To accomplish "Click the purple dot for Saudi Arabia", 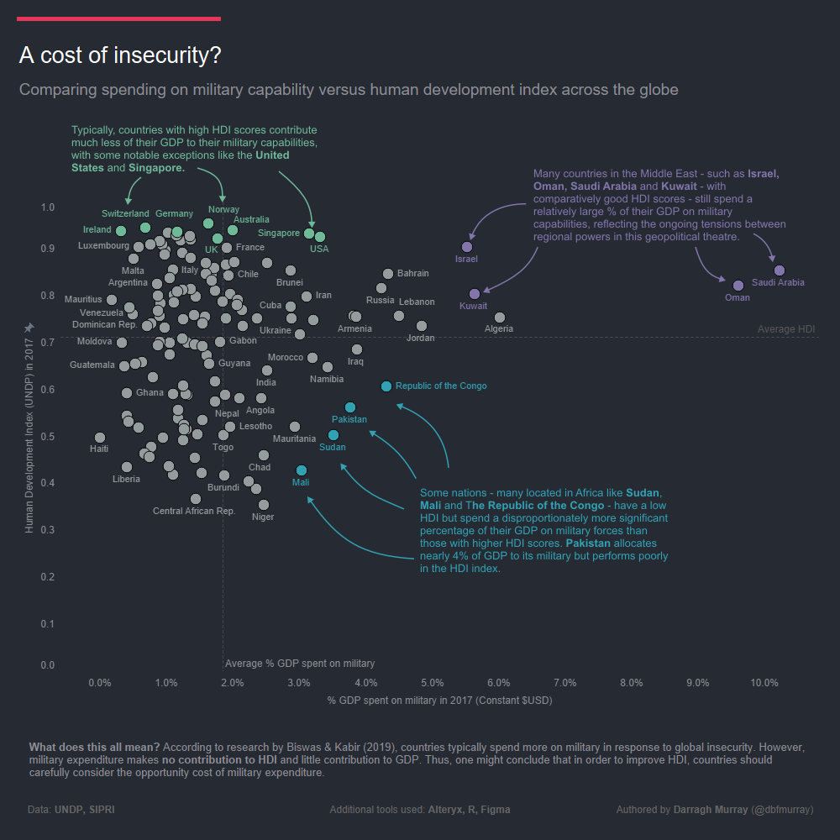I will (x=780, y=270).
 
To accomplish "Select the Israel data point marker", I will (x=468, y=247).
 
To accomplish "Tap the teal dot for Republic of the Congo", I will (x=386, y=386).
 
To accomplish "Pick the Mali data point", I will (x=302, y=470).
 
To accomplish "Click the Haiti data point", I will (x=100, y=438).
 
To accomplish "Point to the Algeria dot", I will (x=500, y=318).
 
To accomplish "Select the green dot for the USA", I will (x=320, y=237).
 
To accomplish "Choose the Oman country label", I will (x=737, y=298).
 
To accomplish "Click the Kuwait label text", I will (x=473, y=307).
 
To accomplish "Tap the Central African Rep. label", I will (x=194, y=511).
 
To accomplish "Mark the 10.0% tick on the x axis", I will (x=764, y=683).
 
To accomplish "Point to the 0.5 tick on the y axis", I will (x=47, y=437).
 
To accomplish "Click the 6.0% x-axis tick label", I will (x=498, y=683).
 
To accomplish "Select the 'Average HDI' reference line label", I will (x=786, y=329).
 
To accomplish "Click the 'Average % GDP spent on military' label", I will (x=300, y=664).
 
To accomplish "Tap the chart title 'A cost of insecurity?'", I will (x=120, y=55).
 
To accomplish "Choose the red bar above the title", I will (x=118, y=18).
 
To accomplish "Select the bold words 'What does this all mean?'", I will (x=94, y=747).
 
